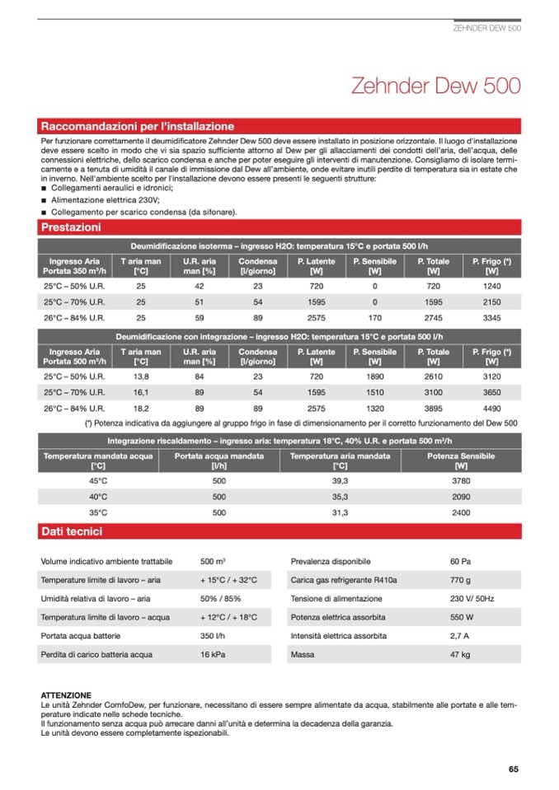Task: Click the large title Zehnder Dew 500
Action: [435, 86]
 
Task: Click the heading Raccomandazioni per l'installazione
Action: [137, 127]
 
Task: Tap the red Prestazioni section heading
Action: [71, 227]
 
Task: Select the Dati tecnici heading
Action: [71, 532]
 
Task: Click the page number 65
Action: [514, 769]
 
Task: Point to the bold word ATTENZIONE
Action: [66, 695]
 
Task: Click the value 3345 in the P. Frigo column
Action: [491, 317]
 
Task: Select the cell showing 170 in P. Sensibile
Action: [374, 317]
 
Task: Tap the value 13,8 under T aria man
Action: [140, 376]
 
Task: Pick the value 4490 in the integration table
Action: [491, 407]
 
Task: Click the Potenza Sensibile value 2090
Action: [461, 497]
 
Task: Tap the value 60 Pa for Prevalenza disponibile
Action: [460, 561]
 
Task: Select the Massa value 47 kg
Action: [460, 655]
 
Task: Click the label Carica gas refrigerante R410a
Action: [344, 580]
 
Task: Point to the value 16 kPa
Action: [213, 655]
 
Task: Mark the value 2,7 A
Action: [460, 636]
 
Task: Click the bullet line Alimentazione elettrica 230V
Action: [106, 200]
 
